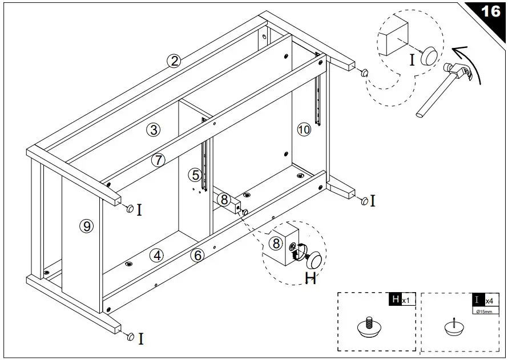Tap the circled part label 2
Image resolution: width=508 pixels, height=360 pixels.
tap(174, 61)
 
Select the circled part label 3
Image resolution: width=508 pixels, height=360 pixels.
tap(153, 130)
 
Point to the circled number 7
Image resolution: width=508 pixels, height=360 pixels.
tap(158, 160)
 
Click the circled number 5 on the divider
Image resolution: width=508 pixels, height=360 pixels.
tap(196, 175)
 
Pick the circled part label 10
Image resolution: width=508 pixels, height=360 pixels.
tap(304, 130)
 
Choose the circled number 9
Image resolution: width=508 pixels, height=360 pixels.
tap(86, 226)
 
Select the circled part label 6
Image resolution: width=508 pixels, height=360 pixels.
tap(197, 255)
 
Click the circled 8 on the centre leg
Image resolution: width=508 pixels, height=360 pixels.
tap(224, 200)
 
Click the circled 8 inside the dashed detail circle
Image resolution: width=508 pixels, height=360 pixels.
tap(276, 244)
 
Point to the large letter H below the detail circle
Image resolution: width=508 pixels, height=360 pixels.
tap(310, 278)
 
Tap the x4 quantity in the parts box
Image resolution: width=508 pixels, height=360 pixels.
tap(489, 300)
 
